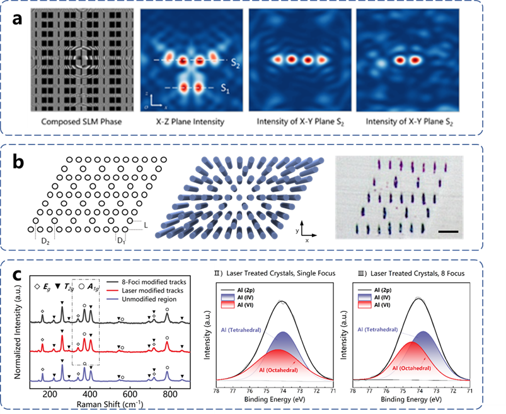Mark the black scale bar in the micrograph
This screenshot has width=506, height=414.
[x=446, y=231]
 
